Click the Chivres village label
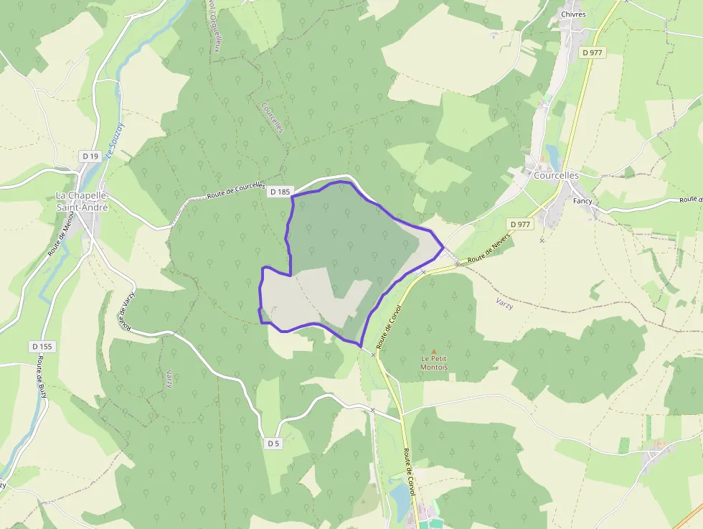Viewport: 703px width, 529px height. click(x=572, y=14)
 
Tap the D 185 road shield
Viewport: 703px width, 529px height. click(x=280, y=192)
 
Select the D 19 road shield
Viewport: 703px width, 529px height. click(x=90, y=156)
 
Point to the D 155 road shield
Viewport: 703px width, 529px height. click(x=42, y=347)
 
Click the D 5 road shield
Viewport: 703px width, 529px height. click(x=273, y=443)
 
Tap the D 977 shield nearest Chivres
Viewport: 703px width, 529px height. click(x=593, y=52)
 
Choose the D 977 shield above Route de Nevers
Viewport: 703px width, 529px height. click(x=521, y=225)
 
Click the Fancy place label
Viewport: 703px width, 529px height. click(x=582, y=201)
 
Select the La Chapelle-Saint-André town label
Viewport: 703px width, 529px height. click(x=82, y=201)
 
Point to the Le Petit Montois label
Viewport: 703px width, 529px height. click(x=434, y=362)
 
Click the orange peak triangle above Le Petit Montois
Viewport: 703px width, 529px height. click(x=433, y=351)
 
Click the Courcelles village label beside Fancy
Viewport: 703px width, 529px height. click(x=556, y=175)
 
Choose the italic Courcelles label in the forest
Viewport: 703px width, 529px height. click(x=273, y=117)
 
